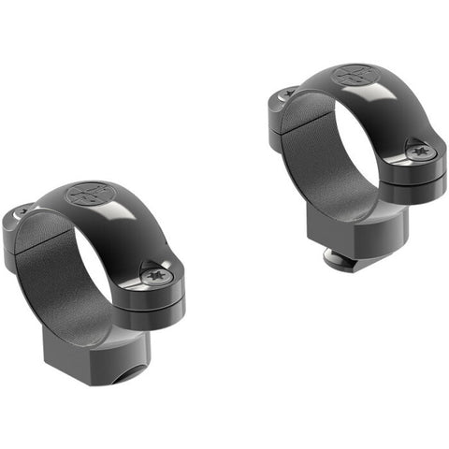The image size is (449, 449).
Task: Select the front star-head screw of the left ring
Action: (155, 273)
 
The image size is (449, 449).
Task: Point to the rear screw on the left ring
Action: (20, 213)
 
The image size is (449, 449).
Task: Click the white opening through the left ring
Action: (103, 271)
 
